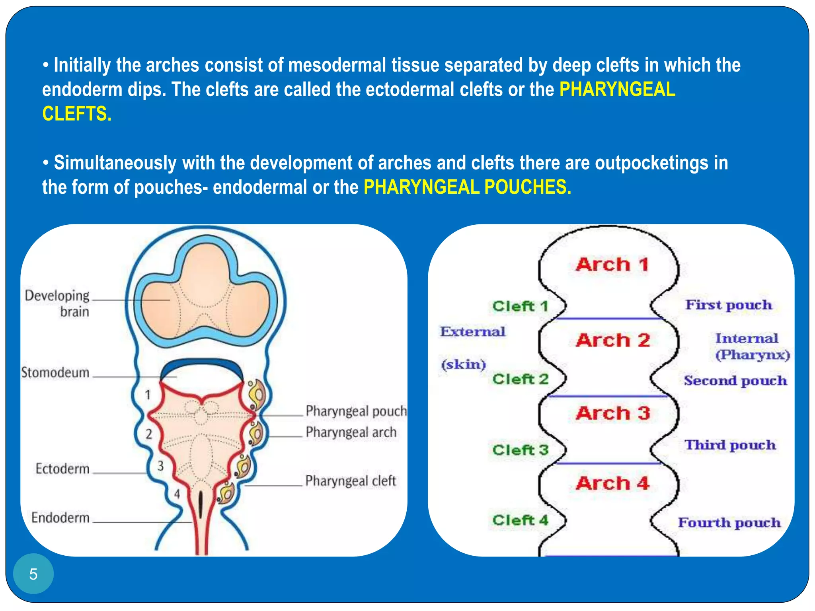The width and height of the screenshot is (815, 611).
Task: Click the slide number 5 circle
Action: (x=33, y=574)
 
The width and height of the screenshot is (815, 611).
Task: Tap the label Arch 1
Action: (x=612, y=265)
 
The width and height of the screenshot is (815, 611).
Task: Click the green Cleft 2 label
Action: (x=520, y=379)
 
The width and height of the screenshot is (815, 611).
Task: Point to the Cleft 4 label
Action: (x=520, y=520)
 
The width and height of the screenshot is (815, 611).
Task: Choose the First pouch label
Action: (x=728, y=305)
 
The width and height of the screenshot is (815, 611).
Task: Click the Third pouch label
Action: (x=730, y=445)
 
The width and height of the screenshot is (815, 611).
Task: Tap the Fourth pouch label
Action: (x=729, y=523)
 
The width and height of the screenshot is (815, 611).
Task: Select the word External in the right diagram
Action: (x=472, y=332)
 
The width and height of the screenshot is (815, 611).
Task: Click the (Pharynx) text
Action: (x=752, y=355)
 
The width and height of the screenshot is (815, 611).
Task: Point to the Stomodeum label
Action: (x=55, y=373)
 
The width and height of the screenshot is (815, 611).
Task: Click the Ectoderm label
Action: (x=62, y=469)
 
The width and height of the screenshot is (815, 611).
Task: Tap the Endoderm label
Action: (x=60, y=518)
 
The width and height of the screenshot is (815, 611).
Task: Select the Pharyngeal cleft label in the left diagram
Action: (x=351, y=481)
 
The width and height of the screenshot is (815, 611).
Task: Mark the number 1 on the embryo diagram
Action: (x=148, y=395)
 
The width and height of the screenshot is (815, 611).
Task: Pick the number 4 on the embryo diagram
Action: (x=177, y=494)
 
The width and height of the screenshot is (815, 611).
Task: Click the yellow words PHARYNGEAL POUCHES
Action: (x=467, y=187)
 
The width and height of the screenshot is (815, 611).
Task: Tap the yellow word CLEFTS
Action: (x=77, y=114)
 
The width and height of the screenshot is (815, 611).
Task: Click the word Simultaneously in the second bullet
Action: (x=115, y=163)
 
